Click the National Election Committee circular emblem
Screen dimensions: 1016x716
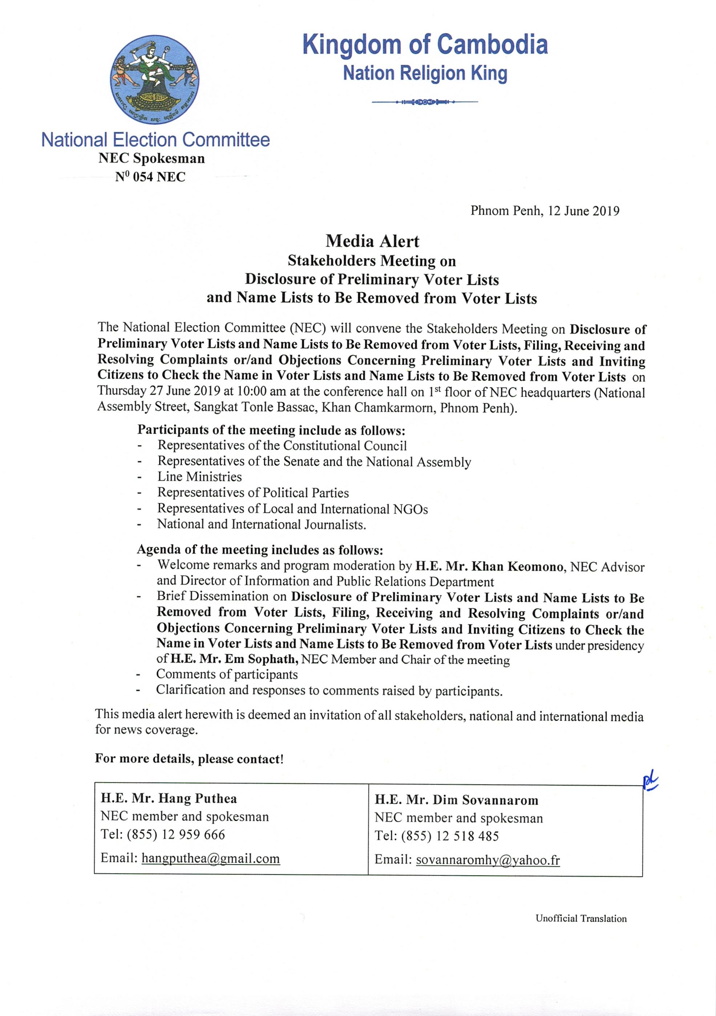(x=154, y=80)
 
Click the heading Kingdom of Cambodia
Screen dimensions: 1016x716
(x=425, y=45)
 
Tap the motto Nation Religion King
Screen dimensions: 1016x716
(x=425, y=73)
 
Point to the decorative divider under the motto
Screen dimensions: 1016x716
(x=425, y=102)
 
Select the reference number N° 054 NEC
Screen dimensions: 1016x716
(x=150, y=177)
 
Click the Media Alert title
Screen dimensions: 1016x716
(x=372, y=241)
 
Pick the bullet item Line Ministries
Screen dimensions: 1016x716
(x=199, y=477)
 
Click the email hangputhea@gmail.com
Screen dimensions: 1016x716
(x=210, y=858)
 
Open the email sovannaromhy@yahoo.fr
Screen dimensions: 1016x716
(x=488, y=860)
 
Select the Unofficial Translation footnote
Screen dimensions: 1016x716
(x=581, y=918)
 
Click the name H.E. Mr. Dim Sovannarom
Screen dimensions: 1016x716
(x=456, y=800)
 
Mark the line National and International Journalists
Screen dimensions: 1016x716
(x=261, y=524)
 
